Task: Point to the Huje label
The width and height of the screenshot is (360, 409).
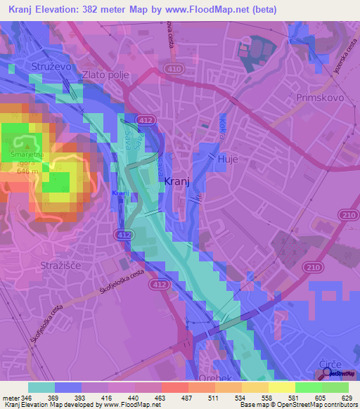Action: click(229, 160)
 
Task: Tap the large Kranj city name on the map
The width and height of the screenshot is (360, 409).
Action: click(176, 181)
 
